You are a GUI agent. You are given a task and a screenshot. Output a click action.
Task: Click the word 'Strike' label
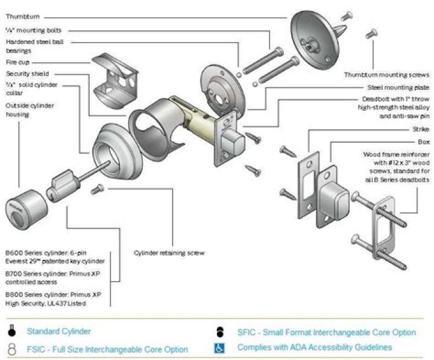coord(420,129)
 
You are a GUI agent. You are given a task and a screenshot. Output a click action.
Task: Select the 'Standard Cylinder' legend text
coord(59,331)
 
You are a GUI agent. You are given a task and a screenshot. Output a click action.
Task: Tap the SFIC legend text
coord(326,332)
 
